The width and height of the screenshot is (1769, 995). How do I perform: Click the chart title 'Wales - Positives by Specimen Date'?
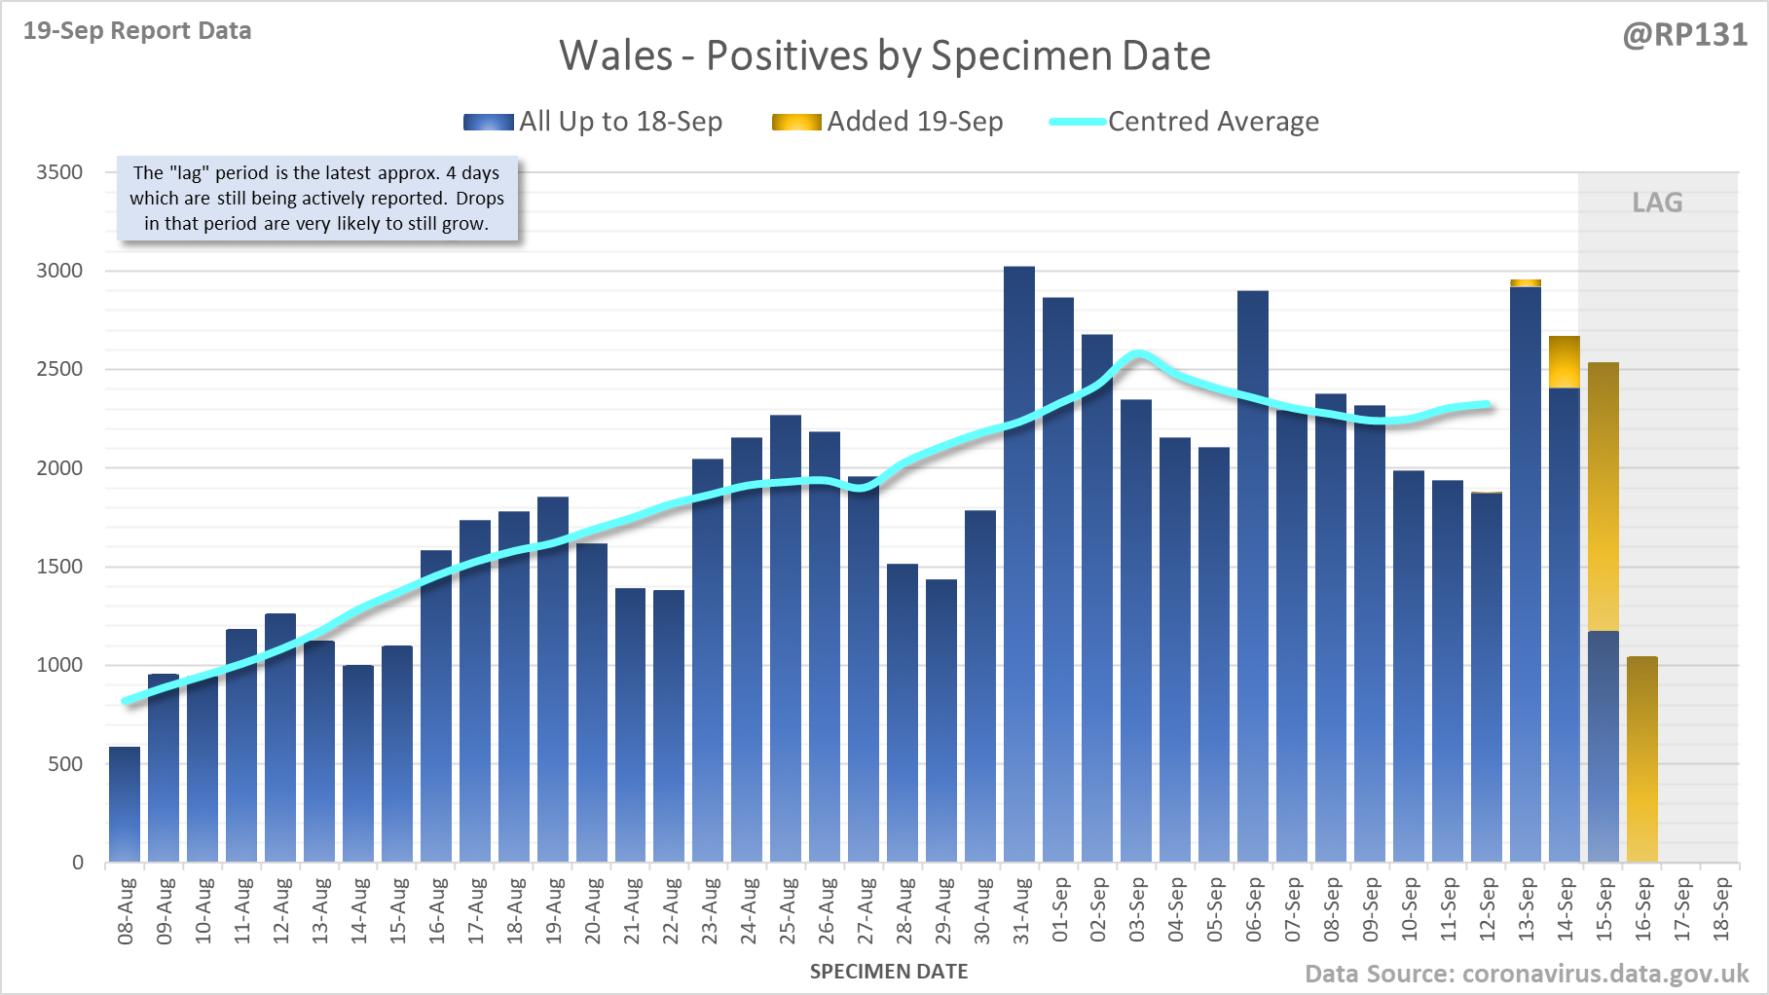tap(884, 55)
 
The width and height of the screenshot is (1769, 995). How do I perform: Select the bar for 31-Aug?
tap(1019, 565)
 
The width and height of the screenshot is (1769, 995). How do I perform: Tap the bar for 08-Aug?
tap(125, 804)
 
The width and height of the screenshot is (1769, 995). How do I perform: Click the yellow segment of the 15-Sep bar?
tap(1603, 497)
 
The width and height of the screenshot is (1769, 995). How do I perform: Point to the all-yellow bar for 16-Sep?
tap(1642, 759)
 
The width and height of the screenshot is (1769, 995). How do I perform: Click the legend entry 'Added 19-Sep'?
tap(887, 122)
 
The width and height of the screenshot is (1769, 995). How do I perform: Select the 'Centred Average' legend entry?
tap(1184, 122)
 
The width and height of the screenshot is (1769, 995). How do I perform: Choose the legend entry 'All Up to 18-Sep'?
tap(593, 122)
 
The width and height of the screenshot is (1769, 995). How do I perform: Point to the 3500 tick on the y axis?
tap(59, 172)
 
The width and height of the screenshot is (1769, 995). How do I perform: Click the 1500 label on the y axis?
tap(59, 567)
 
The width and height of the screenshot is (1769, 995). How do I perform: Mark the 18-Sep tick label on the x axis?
tap(1721, 909)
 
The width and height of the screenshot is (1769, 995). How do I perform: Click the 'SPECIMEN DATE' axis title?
tap(889, 972)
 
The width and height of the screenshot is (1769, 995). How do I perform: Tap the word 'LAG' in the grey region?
tap(1657, 203)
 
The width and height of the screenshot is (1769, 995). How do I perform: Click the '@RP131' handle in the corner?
tap(1684, 35)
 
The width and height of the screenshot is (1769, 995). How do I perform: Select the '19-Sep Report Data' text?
tap(137, 31)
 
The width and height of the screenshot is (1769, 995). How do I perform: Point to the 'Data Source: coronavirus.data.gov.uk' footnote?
tap(1527, 975)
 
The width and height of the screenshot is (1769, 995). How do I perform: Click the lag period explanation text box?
tap(317, 199)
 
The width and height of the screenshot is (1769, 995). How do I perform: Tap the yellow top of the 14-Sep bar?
tap(1565, 362)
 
